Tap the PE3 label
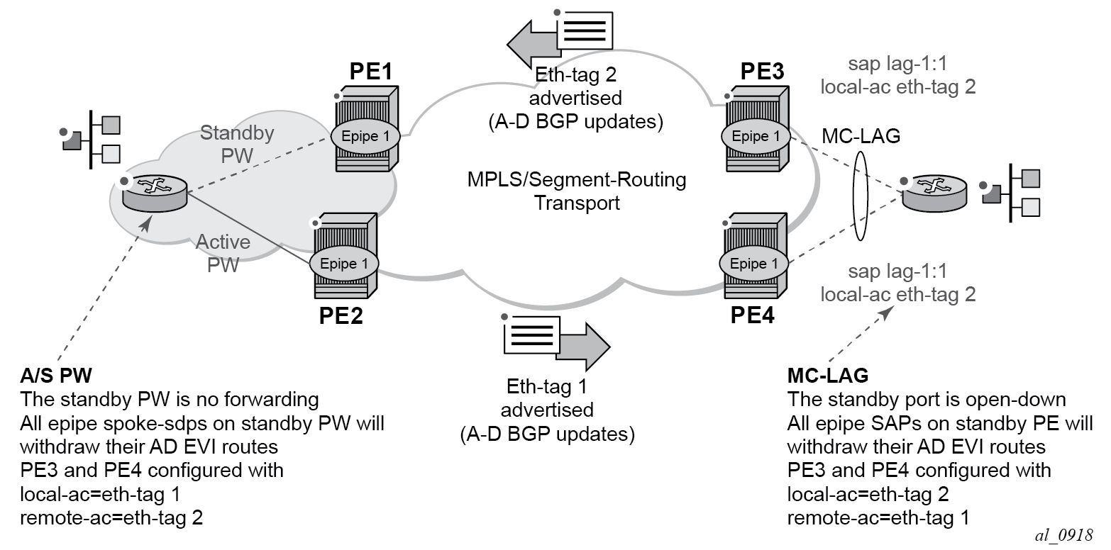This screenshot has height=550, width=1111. click(763, 72)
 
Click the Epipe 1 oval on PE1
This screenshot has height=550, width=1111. click(365, 136)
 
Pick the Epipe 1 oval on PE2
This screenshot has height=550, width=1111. click(344, 264)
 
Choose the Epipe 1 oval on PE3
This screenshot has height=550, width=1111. click(756, 136)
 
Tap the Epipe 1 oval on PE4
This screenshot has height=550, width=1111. click(754, 264)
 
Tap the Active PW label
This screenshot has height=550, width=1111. click(223, 252)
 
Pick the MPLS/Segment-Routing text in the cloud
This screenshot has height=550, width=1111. click(576, 179)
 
